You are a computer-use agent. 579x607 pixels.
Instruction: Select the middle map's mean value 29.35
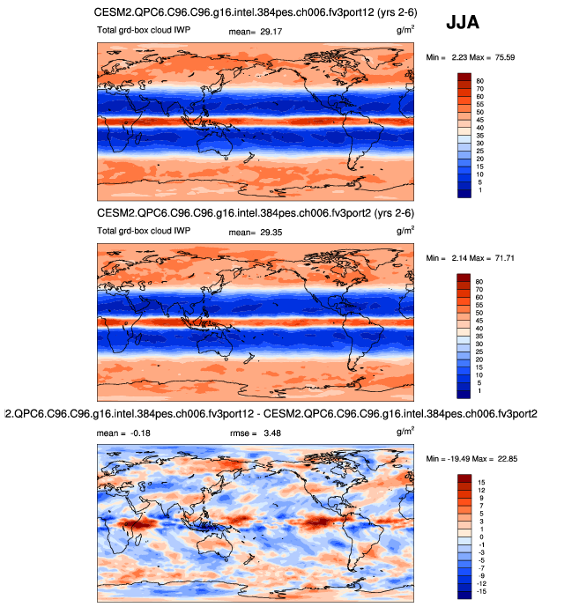263,233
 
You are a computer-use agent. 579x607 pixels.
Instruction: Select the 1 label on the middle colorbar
479,391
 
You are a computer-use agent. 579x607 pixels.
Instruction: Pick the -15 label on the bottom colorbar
482,591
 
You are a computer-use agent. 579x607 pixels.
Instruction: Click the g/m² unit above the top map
406,29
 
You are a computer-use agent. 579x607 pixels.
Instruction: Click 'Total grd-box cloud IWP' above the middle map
144,233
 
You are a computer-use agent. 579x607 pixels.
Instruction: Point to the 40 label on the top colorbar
480,128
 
